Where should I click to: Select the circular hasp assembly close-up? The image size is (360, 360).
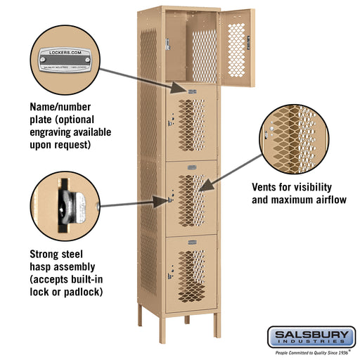coord(64,206)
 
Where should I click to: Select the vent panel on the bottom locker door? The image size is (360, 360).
coord(191,271)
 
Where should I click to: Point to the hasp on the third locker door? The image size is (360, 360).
coord(169,200)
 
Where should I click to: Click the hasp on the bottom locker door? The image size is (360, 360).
coord(169,269)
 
